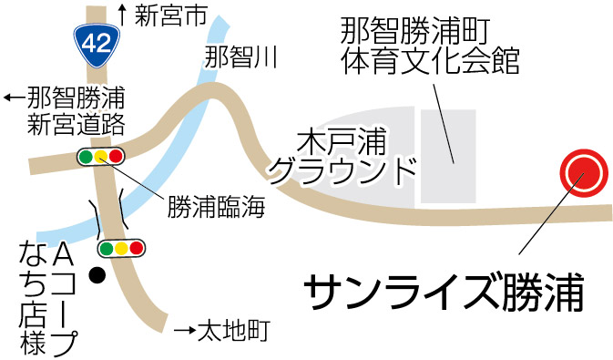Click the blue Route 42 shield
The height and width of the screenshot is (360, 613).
pos(97,45)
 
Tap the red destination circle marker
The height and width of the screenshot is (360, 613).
pos(584,173)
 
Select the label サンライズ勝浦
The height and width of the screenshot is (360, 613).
pos(444,293)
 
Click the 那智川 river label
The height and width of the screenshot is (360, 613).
pos(240,57)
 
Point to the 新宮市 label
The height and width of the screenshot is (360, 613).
pos(171,16)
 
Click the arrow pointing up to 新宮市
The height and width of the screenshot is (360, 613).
pos(123,15)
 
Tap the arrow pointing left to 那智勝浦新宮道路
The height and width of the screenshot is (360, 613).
pos(14,97)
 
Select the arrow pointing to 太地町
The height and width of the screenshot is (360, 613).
pos(185,331)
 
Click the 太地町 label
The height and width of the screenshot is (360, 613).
pos(234,331)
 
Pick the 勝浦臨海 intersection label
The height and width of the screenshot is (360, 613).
pos(216,207)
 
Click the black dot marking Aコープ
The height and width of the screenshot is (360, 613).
pos(97,275)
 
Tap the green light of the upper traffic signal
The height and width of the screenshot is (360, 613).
pos(86,157)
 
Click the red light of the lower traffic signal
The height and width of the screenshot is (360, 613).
pos(137,248)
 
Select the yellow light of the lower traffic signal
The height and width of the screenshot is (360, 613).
pos(121,248)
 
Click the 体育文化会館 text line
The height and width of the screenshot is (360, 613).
pos(430,61)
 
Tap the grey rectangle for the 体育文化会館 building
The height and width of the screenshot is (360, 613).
pos(448,156)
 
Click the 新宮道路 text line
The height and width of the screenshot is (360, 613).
pos(76,125)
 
